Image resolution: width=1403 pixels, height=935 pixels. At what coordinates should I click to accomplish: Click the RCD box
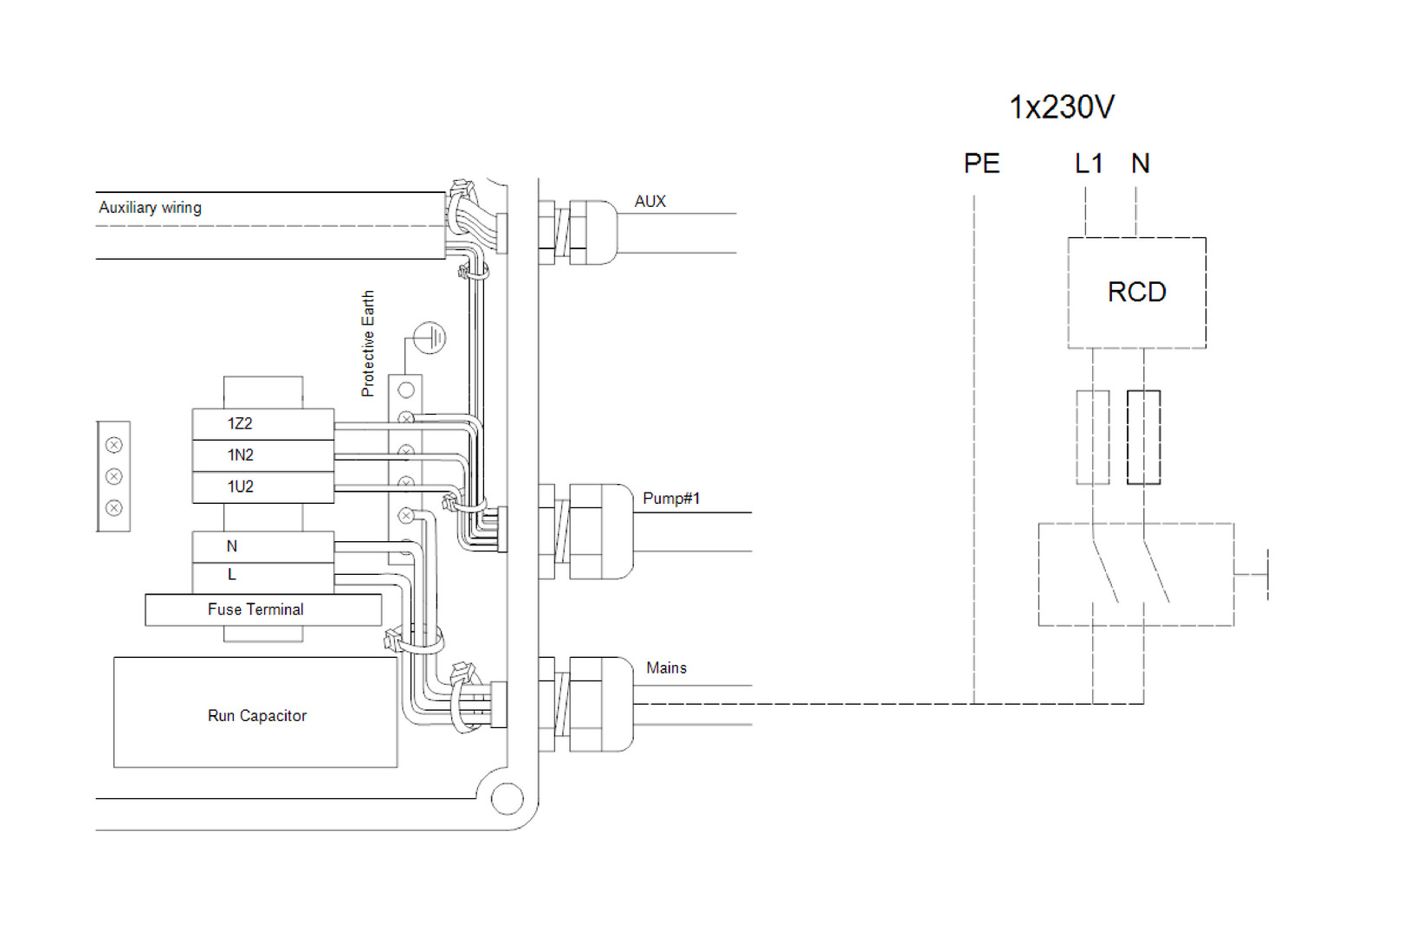pos(1136,293)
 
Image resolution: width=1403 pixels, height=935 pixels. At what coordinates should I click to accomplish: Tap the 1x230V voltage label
pos(1061,107)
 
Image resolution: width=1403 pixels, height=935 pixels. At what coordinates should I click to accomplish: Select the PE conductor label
pos(981,164)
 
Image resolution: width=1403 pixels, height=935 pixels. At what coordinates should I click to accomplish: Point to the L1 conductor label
pos(1089,164)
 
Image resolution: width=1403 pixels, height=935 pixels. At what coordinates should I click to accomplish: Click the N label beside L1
pos(1140,164)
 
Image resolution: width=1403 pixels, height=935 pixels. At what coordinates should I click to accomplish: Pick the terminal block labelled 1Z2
pos(262,424)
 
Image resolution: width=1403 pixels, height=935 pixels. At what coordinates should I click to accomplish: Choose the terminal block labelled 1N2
pos(262,455)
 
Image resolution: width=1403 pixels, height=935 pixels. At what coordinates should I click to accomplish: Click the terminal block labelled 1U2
pos(262,487)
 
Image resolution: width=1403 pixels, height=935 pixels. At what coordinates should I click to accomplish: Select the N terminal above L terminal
pos(262,546)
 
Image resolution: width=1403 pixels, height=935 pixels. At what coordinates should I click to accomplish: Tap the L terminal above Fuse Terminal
pos(262,575)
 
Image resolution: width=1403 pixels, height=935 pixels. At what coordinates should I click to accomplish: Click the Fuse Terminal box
pos(262,609)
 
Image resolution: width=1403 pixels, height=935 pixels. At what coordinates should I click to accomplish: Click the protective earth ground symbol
pos(430,338)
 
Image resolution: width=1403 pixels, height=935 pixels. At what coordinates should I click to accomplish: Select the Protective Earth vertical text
pos(368,344)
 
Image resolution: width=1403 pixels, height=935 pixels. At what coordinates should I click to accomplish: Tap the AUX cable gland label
pos(650,202)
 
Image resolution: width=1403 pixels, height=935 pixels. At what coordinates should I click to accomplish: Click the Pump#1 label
pos(670,499)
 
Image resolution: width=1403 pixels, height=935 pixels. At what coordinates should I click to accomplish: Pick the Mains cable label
pos(666,668)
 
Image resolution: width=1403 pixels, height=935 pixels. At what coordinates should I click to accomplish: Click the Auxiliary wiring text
pos(150,208)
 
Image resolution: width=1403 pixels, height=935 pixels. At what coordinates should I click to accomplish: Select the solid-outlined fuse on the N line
pos(1143,437)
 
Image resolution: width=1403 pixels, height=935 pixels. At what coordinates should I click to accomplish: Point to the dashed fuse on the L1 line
pos(1092,437)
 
